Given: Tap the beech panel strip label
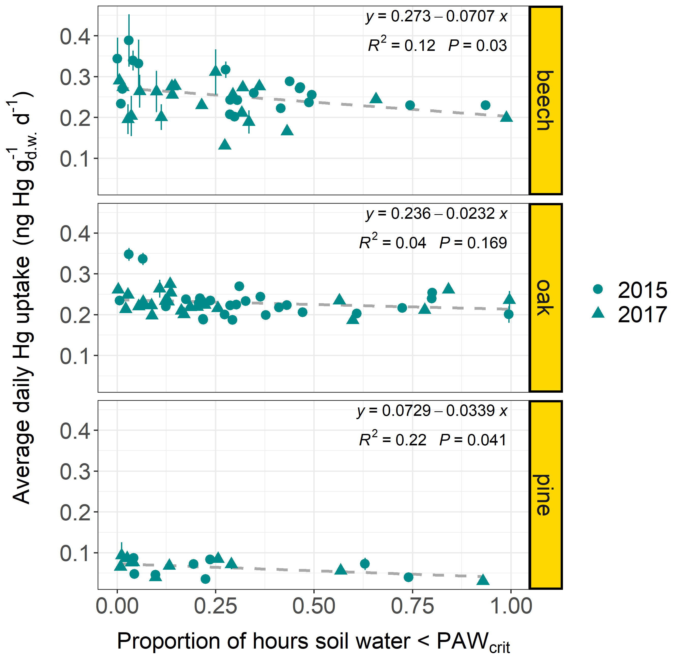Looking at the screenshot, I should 545,100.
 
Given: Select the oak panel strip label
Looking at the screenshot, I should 545,298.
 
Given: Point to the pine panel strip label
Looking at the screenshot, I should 545,495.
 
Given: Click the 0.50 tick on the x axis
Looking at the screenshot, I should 314,606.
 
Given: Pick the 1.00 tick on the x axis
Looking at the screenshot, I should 511,606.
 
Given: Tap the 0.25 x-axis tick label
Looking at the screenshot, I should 216,606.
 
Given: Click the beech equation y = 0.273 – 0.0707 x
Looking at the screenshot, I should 436,17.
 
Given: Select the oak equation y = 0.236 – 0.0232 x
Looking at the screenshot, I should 436,214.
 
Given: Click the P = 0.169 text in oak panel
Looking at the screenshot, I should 473,243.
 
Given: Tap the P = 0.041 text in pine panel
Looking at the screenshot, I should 473,440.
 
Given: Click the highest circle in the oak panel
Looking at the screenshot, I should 129,254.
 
